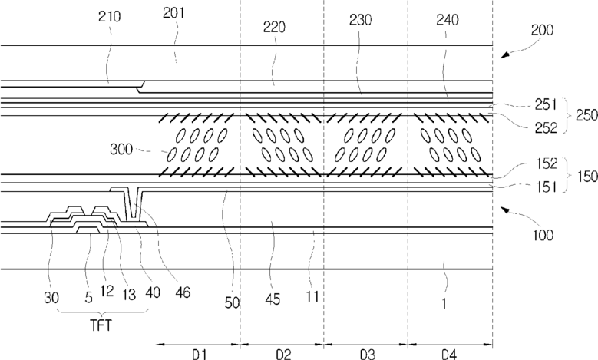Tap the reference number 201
pos(175,15)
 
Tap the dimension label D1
pos(197,354)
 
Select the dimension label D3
pos(366,354)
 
